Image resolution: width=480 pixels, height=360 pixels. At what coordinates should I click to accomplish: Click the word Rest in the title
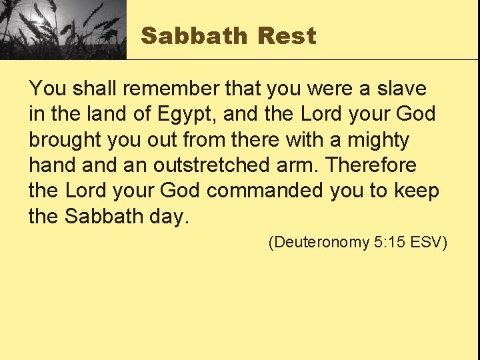click(287, 36)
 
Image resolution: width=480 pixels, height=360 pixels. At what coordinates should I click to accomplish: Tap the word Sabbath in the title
click(194, 36)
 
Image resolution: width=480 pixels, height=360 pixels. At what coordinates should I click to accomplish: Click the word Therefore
click(372, 165)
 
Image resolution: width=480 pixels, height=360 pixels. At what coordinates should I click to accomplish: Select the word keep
click(416, 191)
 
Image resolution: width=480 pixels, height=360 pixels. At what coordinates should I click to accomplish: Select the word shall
click(88, 88)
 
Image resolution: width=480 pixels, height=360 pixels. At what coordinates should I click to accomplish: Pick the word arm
click(303, 165)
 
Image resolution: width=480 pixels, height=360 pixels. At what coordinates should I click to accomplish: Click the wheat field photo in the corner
click(63, 29)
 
